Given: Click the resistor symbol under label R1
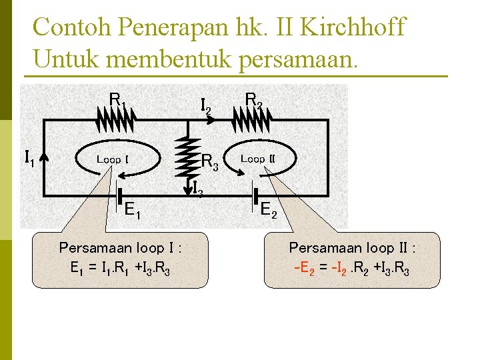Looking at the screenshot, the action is [117, 121].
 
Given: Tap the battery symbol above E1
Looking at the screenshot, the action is [117, 191].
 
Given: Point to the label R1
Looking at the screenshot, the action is [118, 101].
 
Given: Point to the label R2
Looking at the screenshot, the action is [254, 99].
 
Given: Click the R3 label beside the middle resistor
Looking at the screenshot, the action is [209, 161].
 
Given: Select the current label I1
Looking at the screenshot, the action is [29, 159].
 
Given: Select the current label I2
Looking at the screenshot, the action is [206, 105].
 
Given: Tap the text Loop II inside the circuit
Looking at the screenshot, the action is [257, 159].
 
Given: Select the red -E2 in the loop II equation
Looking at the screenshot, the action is [304, 269].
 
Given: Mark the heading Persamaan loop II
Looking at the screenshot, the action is [352, 248].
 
